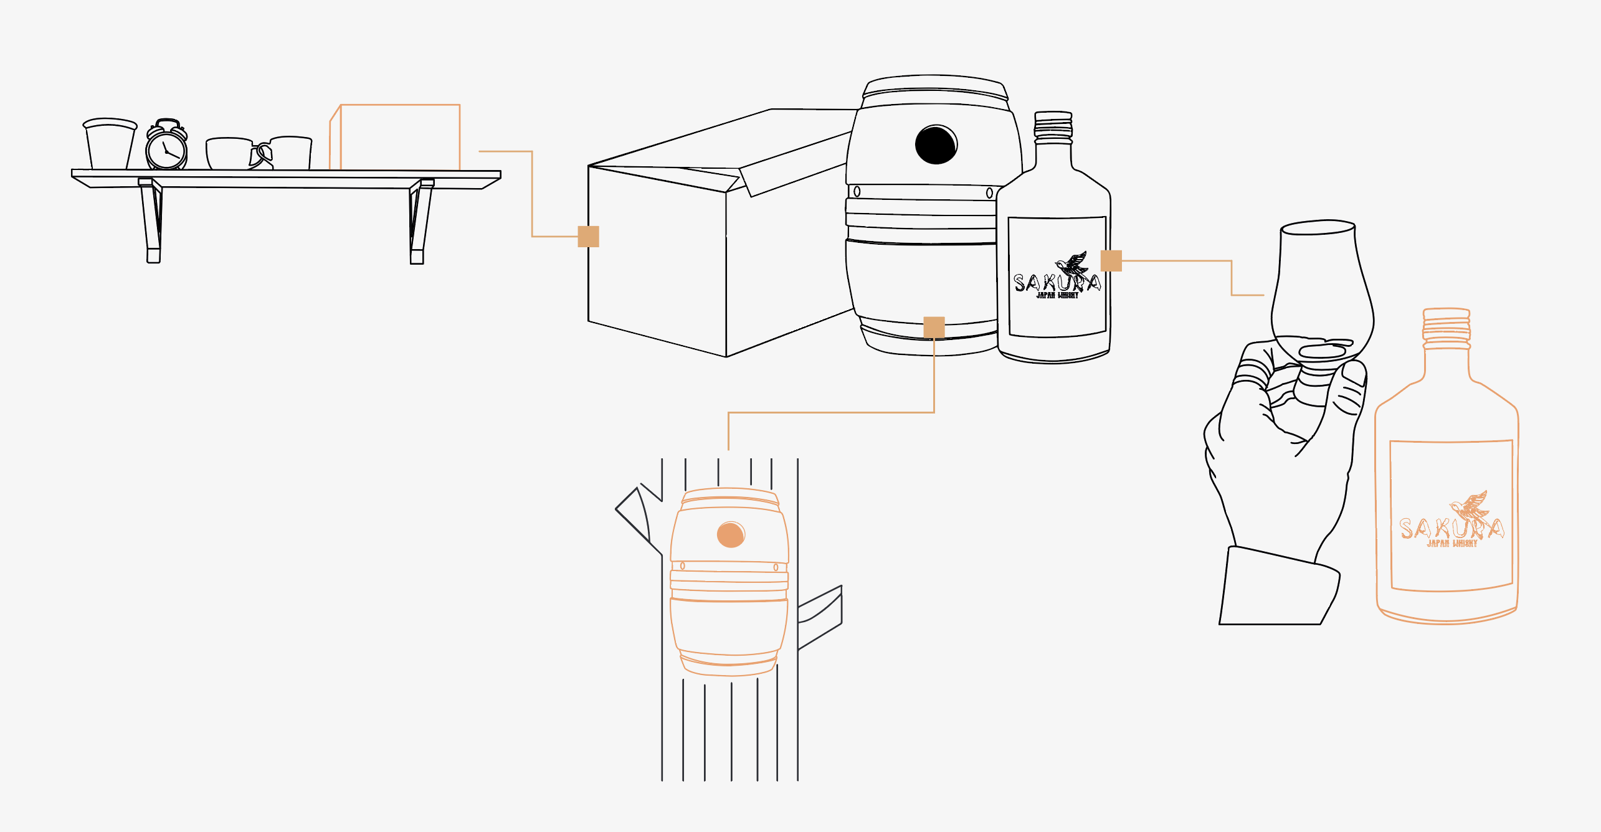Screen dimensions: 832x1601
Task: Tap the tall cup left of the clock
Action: [x=110, y=145]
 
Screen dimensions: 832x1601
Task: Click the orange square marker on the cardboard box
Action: [x=588, y=237]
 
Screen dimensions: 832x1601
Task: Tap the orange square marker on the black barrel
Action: [x=934, y=327]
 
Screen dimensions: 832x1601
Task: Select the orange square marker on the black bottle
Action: [x=1111, y=261]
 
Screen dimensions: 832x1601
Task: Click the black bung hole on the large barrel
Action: [x=936, y=144]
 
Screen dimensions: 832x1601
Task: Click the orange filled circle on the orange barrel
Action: [x=731, y=534]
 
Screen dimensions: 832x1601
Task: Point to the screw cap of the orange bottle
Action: [x=1447, y=327]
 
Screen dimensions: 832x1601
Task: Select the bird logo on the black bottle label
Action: [x=1073, y=264]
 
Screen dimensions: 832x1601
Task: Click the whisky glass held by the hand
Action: [x=1321, y=293]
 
